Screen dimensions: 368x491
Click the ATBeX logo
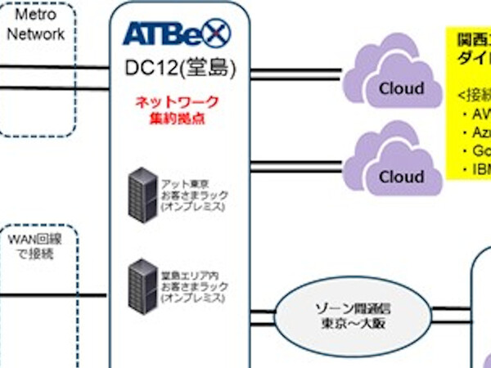(x=176, y=34)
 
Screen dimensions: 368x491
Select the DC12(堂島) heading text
(x=180, y=68)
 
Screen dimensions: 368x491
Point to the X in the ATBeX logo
(x=217, y=34)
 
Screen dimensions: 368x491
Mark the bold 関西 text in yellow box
(x=471, y=40)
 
